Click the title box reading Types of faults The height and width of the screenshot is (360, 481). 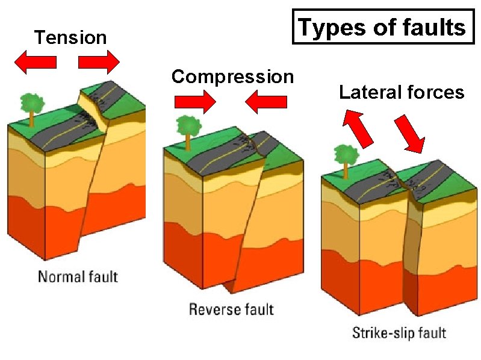click(x=383, y=27)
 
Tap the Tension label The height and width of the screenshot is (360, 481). click(x=70, y=38)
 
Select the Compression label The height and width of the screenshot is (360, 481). click(x=232, y=77)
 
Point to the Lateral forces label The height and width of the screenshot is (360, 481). click(x=402, y=92)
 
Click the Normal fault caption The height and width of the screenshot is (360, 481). click(x=78, y=277)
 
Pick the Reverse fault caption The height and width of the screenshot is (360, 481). click(x=231, y=309)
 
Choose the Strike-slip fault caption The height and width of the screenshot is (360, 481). click(x=399, y=332)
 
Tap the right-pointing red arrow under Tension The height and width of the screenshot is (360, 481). click(x=99, y=62)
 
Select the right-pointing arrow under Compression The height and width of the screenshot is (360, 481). click(x=194, y=102)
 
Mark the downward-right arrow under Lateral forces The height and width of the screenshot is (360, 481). click(x=409, y=134)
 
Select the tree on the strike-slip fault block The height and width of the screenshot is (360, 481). click(x=346, y=159)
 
